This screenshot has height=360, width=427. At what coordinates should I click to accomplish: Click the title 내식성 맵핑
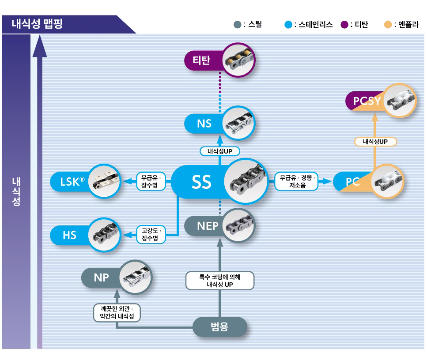pyautogui.click(x=37, y=24)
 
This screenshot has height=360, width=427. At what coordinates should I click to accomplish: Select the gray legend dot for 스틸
pyautogui.click(x=238, y=25)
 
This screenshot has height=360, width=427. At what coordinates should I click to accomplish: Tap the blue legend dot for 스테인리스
pyautogui.click(x=288, y=25)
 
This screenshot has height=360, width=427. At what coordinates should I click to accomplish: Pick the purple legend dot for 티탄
pyautogui.click(x=344, y=25)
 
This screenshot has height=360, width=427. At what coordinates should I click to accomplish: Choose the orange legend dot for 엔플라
pyautogui.click(x=388, y=25)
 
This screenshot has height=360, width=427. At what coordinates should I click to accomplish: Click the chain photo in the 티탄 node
pyautogui.click(x=238, y=60)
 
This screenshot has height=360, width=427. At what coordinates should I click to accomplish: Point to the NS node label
pyautogui.click(x=204, y=124)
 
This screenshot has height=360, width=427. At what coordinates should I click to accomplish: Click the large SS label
pyautogui.click(x=201, y=182)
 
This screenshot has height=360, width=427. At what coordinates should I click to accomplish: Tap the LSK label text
pyautogui.click(x=72, y=181)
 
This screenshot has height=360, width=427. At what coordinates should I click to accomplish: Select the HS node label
pyautogui.click(x=69, y=236)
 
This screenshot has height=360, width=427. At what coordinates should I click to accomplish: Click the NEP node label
pyautogui.click(x=208, y=226)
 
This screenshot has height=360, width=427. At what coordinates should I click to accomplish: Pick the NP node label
pyautogui.click(x=101, y=277)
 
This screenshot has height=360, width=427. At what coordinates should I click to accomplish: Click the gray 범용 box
pyautogui.click(x=220, y=326)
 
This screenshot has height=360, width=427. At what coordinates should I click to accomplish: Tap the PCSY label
pyautogui.click(x=367, y=101)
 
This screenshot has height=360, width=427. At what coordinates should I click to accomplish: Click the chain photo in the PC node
pyautogui.click(x=388, y=181)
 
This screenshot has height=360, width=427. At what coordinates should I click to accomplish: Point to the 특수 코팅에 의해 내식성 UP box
pyautogui.click(x=220, y=281)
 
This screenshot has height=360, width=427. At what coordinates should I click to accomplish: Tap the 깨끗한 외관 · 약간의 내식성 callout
pyautogui.click(x=117, y=313)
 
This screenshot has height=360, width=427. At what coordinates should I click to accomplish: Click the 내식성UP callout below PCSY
pyautogui.click(x=375, y=142)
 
